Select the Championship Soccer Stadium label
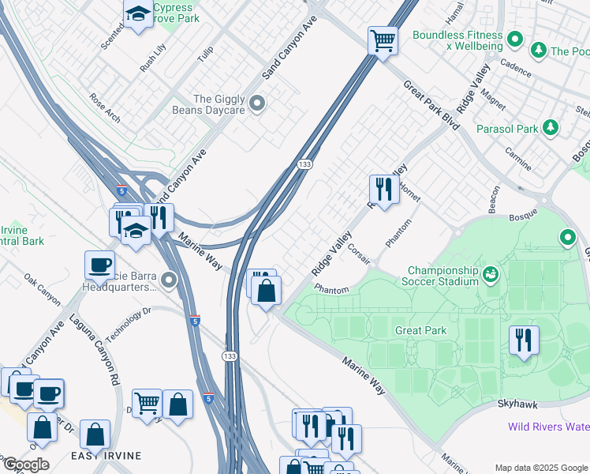[443, 276]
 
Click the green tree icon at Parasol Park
[550, 128]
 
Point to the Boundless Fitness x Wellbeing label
[457, 40]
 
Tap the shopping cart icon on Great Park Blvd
[383, 39]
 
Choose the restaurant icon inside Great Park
[524, 340]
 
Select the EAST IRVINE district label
[106, 456]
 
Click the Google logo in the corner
[25, 465]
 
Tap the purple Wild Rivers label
[547, 427]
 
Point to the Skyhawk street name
[517, 404]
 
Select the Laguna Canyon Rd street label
[94, 349]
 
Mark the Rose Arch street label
[105, 109]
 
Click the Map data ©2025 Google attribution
[540, 468]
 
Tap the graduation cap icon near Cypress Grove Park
[139, 14]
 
